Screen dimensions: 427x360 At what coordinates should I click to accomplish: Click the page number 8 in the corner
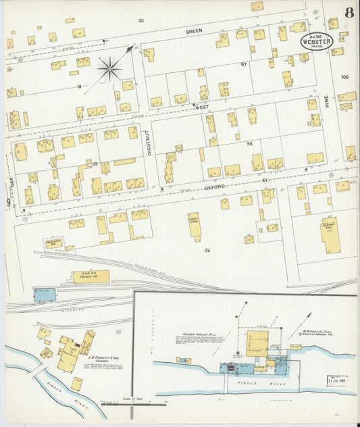click(x=348, y=12)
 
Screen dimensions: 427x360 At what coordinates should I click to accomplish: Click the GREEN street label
click(x=195, y=31)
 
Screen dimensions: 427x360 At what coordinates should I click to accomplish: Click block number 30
click(x=140, y=20)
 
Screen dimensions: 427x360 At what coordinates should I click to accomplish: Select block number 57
click(x=243, y=64)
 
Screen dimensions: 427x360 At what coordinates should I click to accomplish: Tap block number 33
click(x=207, y=250)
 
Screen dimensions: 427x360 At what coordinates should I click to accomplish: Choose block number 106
click(x=346, y=77)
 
